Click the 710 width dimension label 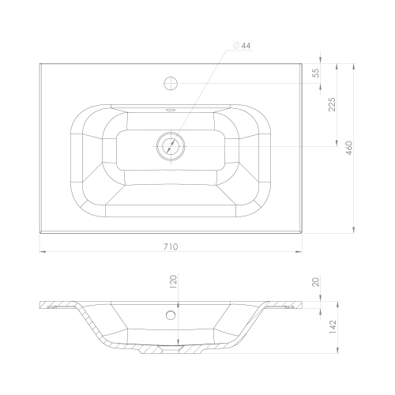click(171, 246)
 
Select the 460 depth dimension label click(349, 148)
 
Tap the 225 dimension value click(333, 104)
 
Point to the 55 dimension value click(316, 73)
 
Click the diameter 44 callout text click(242, 46)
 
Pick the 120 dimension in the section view click(173, 282)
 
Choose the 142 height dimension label click(333, 327)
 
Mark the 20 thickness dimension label click(316, 282)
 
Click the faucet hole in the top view click(171, 83)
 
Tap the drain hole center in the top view click(171, 146)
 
